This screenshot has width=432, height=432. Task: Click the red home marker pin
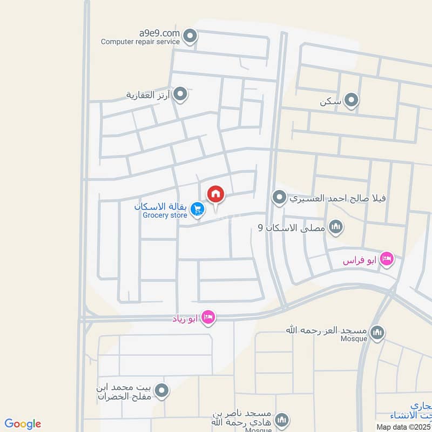point(215,193)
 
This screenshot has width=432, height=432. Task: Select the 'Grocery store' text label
point(165,215)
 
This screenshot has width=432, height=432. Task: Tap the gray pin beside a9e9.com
point(190,36)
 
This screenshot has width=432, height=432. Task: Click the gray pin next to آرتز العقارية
point(181,95)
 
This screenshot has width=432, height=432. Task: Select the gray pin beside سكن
point(352,100)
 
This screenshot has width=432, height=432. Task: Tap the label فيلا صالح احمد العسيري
point(339,198)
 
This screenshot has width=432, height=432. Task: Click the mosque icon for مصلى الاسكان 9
point(336,227)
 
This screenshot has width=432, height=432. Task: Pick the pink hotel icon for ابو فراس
point(387,260)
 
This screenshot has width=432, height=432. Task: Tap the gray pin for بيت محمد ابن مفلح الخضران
point(160,390)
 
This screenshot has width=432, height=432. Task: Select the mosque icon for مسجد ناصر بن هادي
point(281,420)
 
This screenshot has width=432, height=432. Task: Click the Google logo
point(23,424)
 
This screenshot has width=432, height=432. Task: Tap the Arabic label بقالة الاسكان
point(160,207)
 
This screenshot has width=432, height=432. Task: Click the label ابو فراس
point(360,260)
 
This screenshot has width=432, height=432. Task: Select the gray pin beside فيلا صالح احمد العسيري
point(279,198)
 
